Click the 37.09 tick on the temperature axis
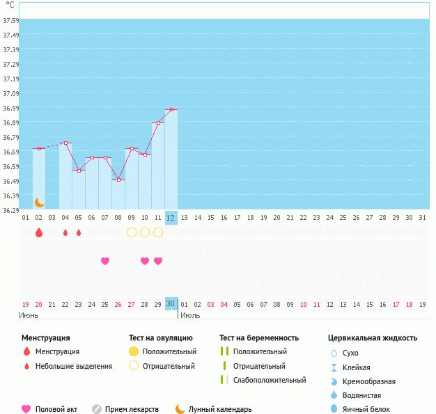pos(10,94)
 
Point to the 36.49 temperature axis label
pos(10,182)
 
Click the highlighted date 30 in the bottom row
pos(171,303)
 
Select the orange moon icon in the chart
pos(40,202)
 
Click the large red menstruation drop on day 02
pos(39,232)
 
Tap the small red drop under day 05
pos(79,232)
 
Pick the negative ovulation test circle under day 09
pos(132,232)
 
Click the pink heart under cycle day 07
pos(105,261)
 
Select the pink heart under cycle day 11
pos(158,261)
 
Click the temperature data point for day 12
pos(171,110)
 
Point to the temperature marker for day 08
pos(118,180)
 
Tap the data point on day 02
pos(39,149)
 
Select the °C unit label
pos(10,6)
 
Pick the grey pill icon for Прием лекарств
pos(97,409)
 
